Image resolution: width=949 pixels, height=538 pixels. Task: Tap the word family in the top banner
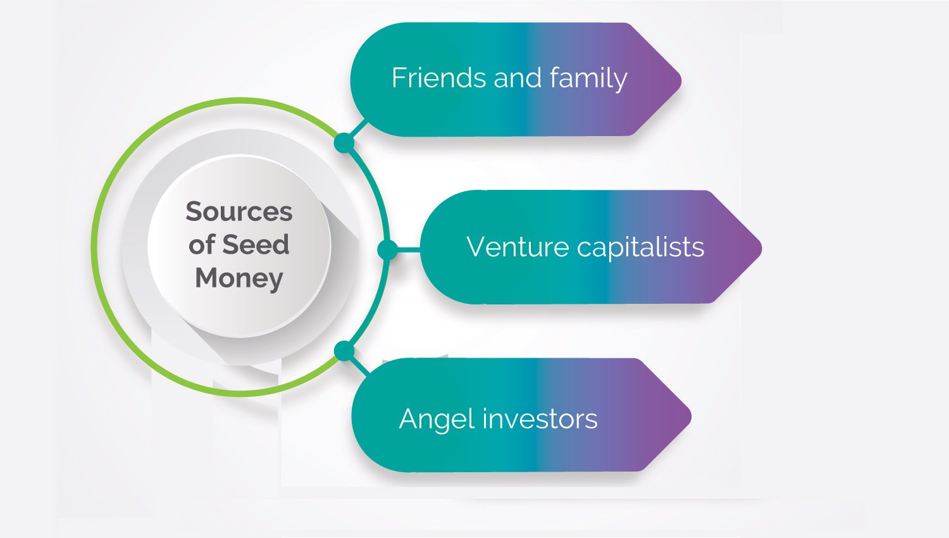[x=588, y=79]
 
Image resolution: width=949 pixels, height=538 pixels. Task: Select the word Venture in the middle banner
[x=518, y=247]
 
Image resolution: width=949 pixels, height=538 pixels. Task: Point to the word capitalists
[x=640, y=247]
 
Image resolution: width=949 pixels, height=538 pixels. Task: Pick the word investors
[x=540, y=418]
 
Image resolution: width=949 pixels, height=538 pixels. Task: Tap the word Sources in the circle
[x=239, y=211]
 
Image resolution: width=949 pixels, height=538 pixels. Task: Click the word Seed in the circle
[x=256, y=244]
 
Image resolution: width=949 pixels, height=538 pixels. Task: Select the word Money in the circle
[x=239, y=278]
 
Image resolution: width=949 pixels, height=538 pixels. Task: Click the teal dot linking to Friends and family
[x=344, y=142]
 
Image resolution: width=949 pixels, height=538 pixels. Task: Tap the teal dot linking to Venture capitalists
[x=387, y=250]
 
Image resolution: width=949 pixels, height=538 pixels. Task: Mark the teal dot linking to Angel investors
[x=344, y=351]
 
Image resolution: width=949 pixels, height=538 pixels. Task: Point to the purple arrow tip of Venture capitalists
[x=761, y=248]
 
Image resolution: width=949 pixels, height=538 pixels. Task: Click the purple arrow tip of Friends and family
[x=680, y=80]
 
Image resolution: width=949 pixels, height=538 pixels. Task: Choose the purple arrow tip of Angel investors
[x=691, y=416]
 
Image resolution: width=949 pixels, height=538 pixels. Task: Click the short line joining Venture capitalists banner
[x=409, y=250]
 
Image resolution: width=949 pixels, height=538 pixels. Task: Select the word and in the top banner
[x=518, y=78]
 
